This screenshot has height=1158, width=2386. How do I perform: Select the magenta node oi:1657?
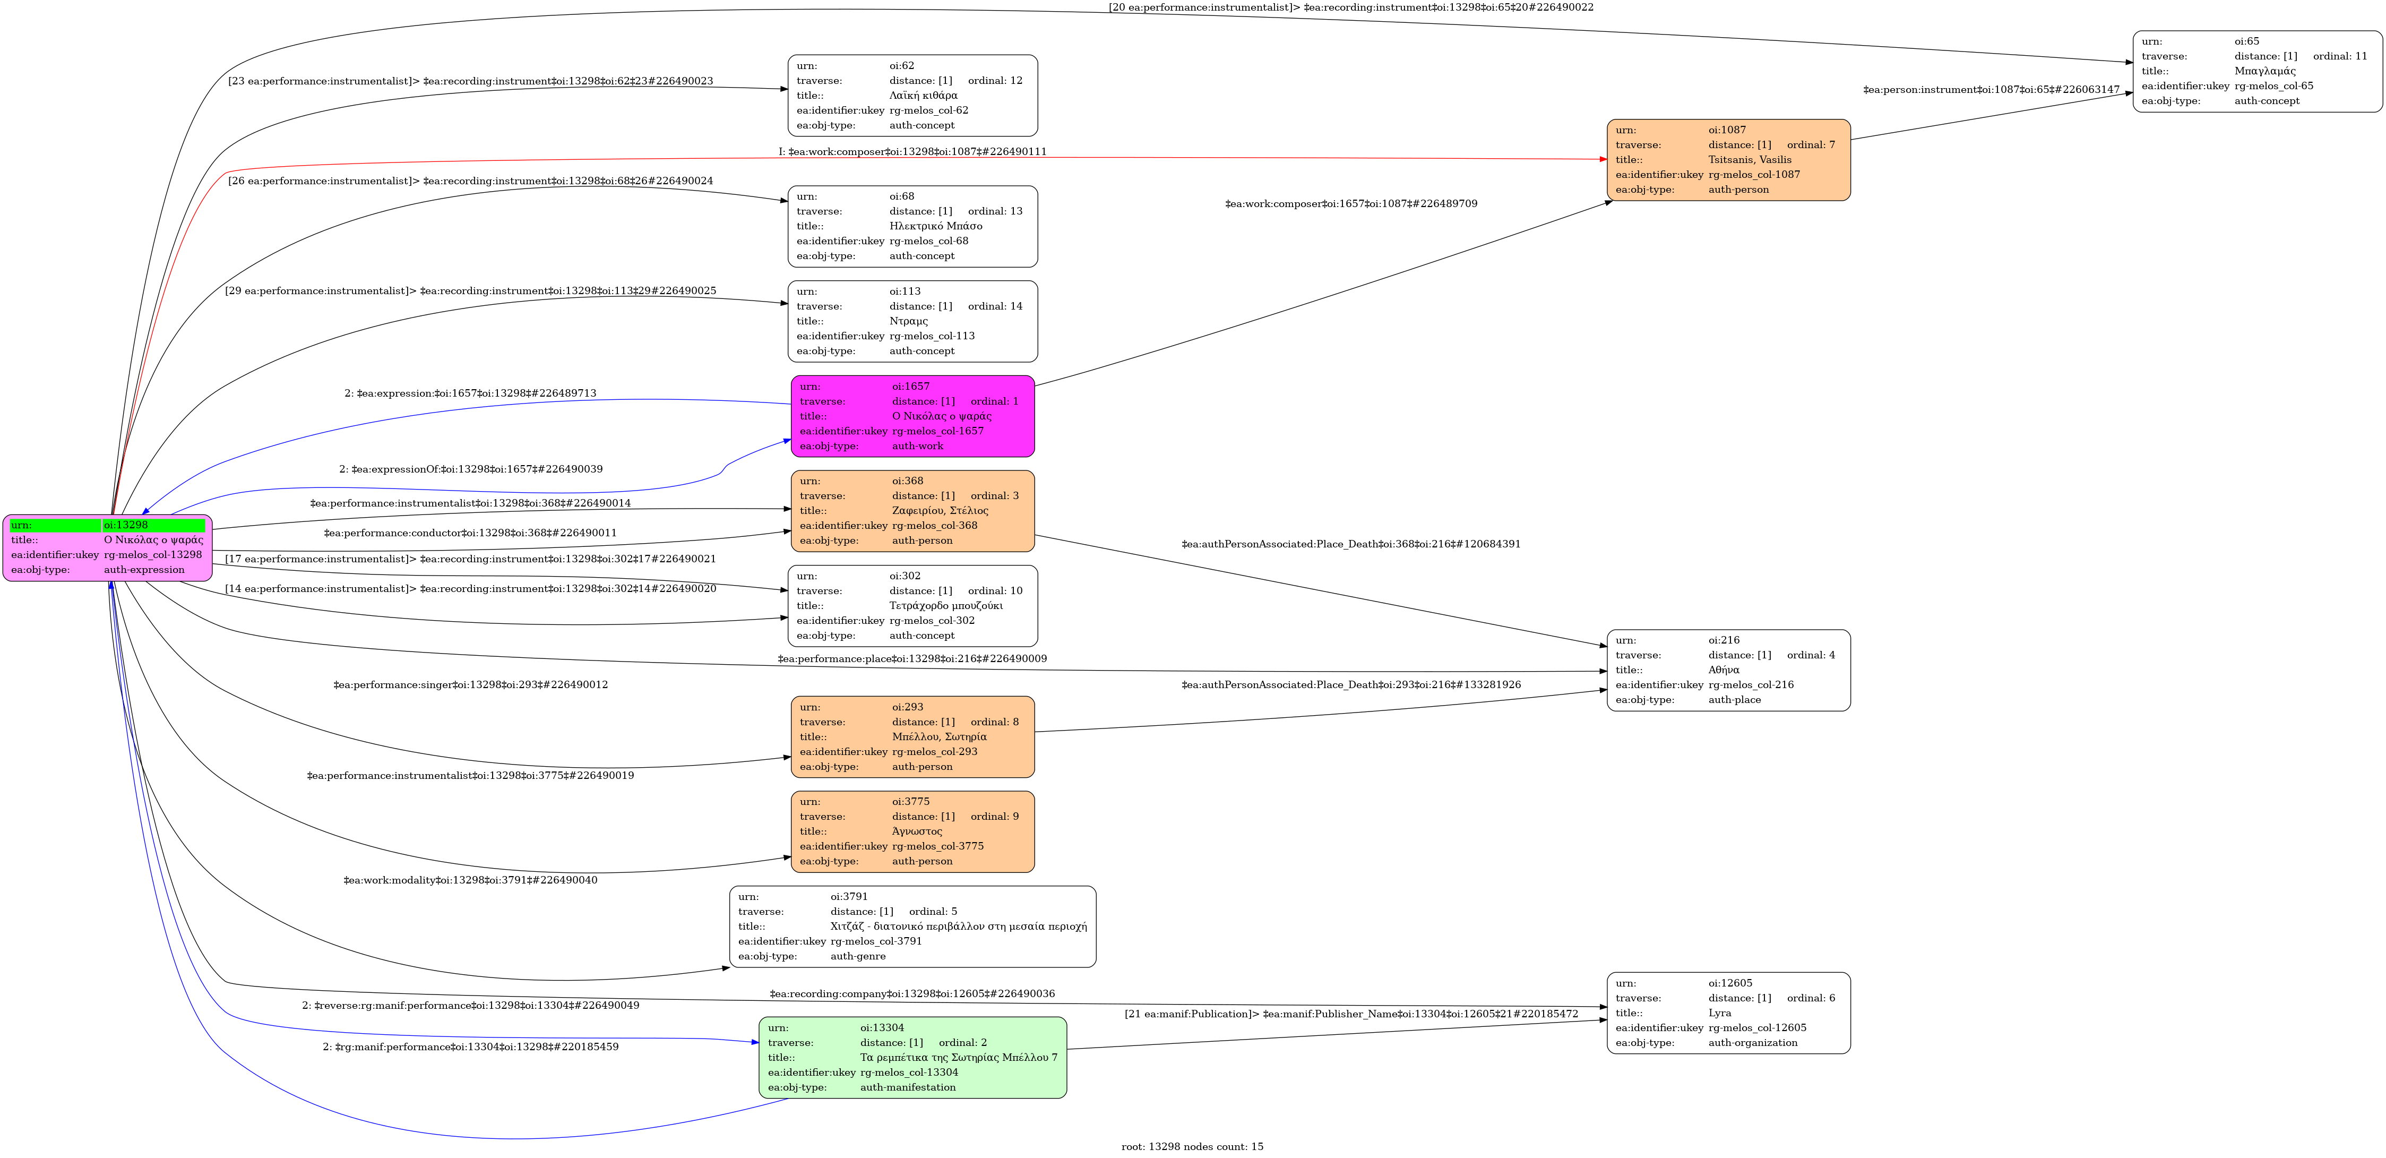point(912,416)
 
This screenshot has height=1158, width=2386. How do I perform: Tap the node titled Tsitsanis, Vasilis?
point(1728,159)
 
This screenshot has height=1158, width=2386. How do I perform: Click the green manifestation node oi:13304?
point(912,1057)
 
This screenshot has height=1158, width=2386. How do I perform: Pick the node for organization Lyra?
point(1728,1013)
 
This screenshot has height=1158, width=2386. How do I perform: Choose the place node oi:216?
point(1728,670)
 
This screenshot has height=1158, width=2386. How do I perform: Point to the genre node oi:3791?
point(912,927)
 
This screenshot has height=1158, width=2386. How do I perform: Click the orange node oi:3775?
point(912,831)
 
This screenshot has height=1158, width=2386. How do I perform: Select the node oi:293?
point(912,736)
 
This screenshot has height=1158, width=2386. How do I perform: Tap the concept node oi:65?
point(2257,71)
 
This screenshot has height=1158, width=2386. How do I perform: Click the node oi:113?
point(912,321)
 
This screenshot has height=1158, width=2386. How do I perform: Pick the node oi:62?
point(912,96)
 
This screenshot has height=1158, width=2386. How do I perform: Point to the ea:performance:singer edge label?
point(470,684)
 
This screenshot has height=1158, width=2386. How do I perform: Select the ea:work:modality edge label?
point(470,880)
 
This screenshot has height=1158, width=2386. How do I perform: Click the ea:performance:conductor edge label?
point(470,533)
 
